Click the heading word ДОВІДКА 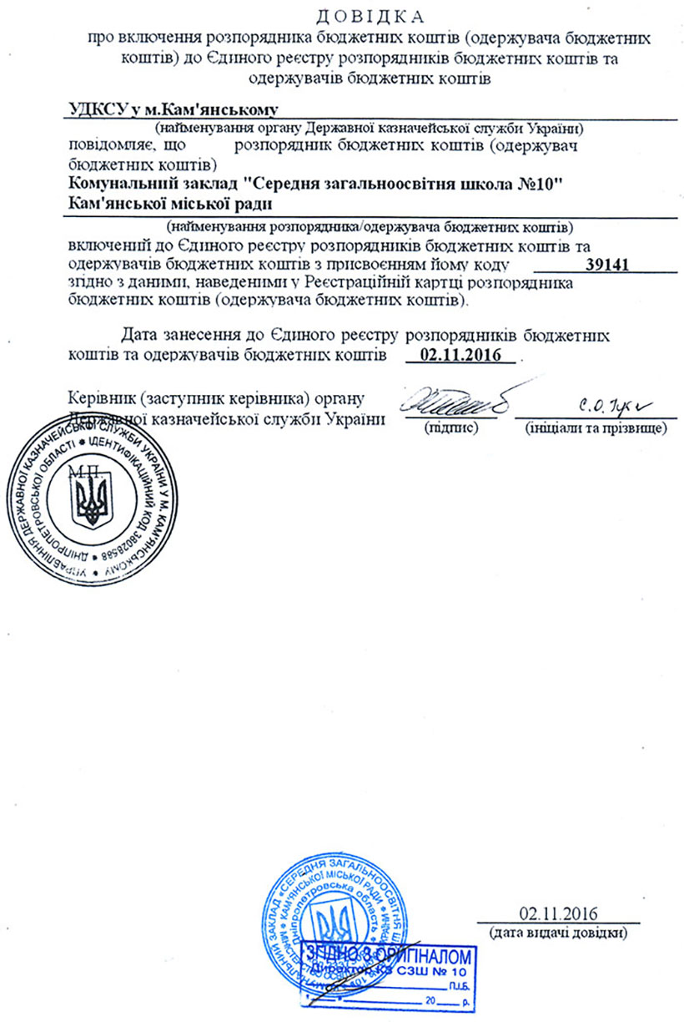click(x=371, y=15)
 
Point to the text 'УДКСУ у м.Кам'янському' click(x=171, y=110)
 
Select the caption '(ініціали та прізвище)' click(x=595, y=428)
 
